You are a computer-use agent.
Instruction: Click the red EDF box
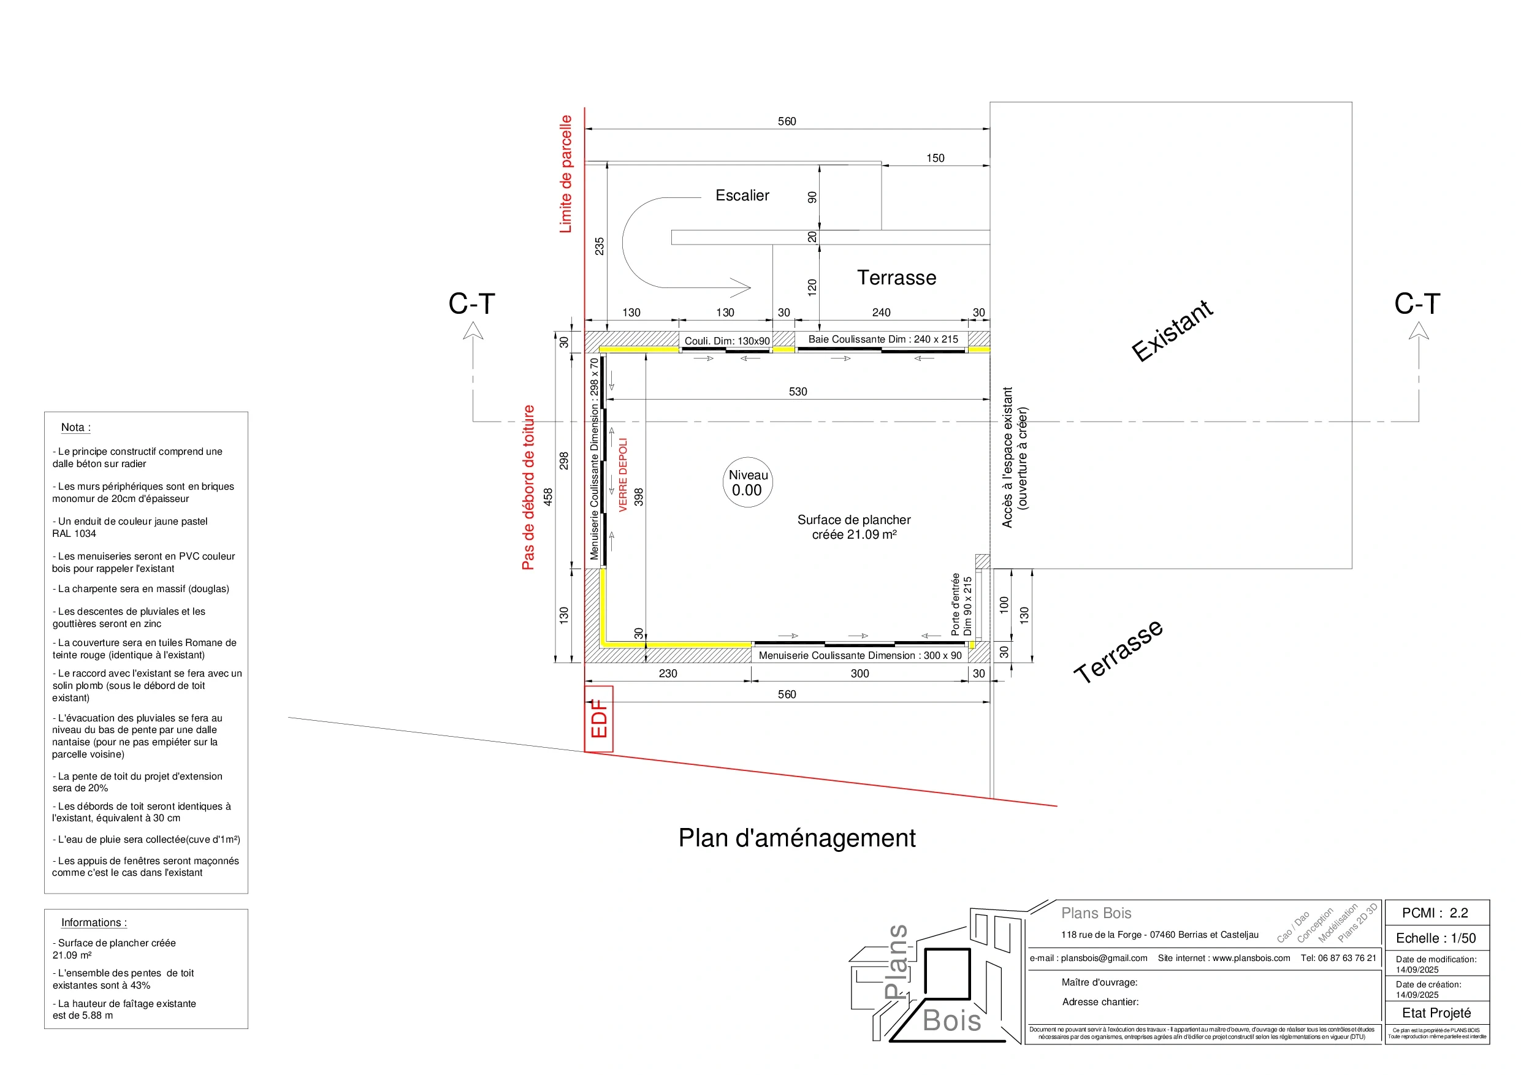click(x=598, y=719)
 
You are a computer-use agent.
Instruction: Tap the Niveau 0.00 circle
click(x=747, y=483)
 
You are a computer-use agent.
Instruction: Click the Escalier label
click(x=742, y=196)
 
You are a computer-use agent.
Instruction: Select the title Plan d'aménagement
click(x=796, y=838)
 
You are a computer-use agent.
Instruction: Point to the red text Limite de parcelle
click(x=565, y=174)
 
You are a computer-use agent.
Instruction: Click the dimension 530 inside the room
click(x=798, y=392)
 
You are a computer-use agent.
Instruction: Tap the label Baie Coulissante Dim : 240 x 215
click(x=882, y=339)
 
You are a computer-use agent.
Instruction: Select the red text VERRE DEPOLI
click(x=623, y=474)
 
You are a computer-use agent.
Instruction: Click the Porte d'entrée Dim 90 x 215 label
click(x=961, y=605)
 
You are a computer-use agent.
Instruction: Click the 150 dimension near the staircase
click(x=935, y=158)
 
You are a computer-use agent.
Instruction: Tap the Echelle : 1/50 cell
click(x=1436, y=938)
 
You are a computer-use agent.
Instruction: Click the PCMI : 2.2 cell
click(x=1435, y=913)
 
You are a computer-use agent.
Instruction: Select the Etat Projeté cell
click(x=1436, y=1012)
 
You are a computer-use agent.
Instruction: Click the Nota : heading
click(x=75, y=427)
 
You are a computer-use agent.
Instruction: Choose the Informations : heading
click(x=93, y=922)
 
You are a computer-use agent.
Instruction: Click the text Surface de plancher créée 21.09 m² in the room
click(x=853, y=527)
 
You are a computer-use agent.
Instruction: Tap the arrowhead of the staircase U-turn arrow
click(x=744, y=287)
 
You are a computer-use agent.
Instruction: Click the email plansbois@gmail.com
click(x=1088, y=958)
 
